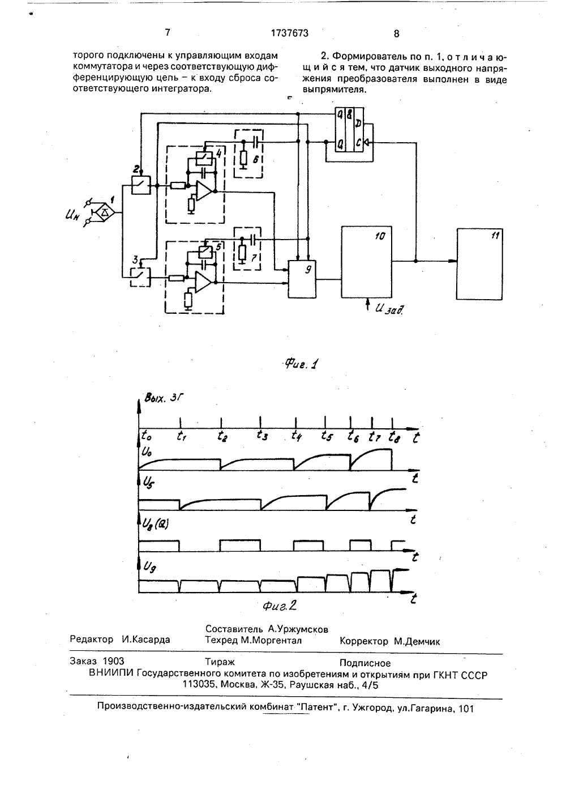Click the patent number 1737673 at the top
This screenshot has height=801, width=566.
point(290,33)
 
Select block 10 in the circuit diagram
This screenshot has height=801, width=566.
point(367,262)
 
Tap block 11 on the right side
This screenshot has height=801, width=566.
point(479,264)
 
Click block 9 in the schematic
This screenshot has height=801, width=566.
point(302,279)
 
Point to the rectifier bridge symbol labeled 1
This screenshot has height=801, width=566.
point(104,212)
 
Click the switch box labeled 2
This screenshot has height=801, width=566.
point(141,185)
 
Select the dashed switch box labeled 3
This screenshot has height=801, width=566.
point(140,277)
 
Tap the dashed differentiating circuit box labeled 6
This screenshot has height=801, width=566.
point(248,154)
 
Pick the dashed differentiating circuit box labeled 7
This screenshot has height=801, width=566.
point(247,249)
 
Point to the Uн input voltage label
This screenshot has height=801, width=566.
point(72,215)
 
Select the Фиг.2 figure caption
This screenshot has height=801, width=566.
point(280,606)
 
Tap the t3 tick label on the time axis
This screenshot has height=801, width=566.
point(262,435)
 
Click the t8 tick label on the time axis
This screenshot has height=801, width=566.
point(394,437)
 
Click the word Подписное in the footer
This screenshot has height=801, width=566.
point(365,663)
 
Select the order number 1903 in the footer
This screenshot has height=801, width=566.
point(113,661)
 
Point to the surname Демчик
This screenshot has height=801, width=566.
point(417,641)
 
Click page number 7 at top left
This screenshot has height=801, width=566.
point(168,32)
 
